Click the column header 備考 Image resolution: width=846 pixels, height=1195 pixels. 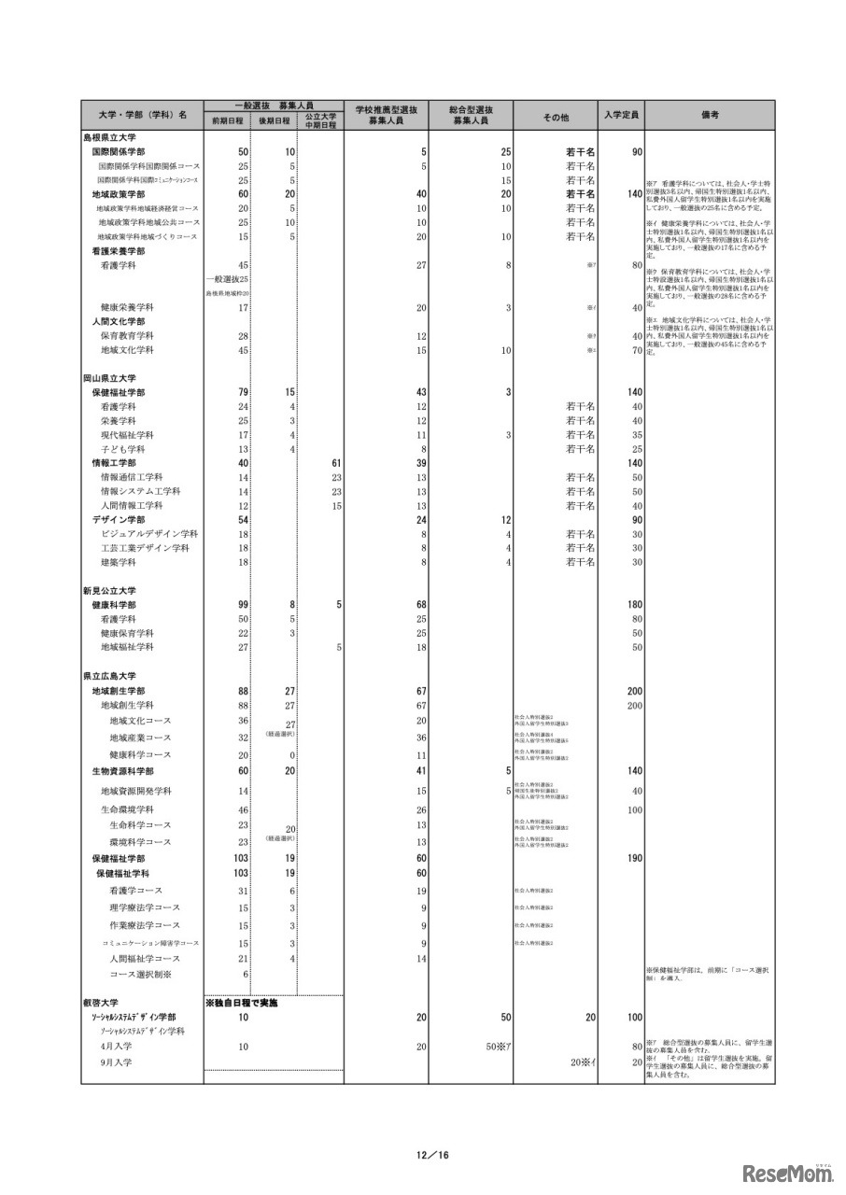[x=709, y=115]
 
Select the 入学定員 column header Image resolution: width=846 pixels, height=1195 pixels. [x=621, y=115]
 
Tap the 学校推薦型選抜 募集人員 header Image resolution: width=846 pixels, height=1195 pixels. [x=386, y=115]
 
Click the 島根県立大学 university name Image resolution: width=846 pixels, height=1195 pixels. [x=109, y=137]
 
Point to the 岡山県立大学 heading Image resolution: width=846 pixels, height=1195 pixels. [x=109, y=378]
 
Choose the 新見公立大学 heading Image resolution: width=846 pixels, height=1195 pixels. [x=109, y=590]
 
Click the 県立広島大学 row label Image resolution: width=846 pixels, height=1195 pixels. [x=109, y=675]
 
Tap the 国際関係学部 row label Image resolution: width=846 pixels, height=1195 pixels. [x=118, y=151]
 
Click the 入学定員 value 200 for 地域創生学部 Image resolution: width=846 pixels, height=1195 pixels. [x=634, y=690]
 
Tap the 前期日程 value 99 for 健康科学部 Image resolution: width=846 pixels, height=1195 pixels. [x=241, y=604]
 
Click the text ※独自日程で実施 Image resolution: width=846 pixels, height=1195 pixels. [x=241, y=1003]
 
